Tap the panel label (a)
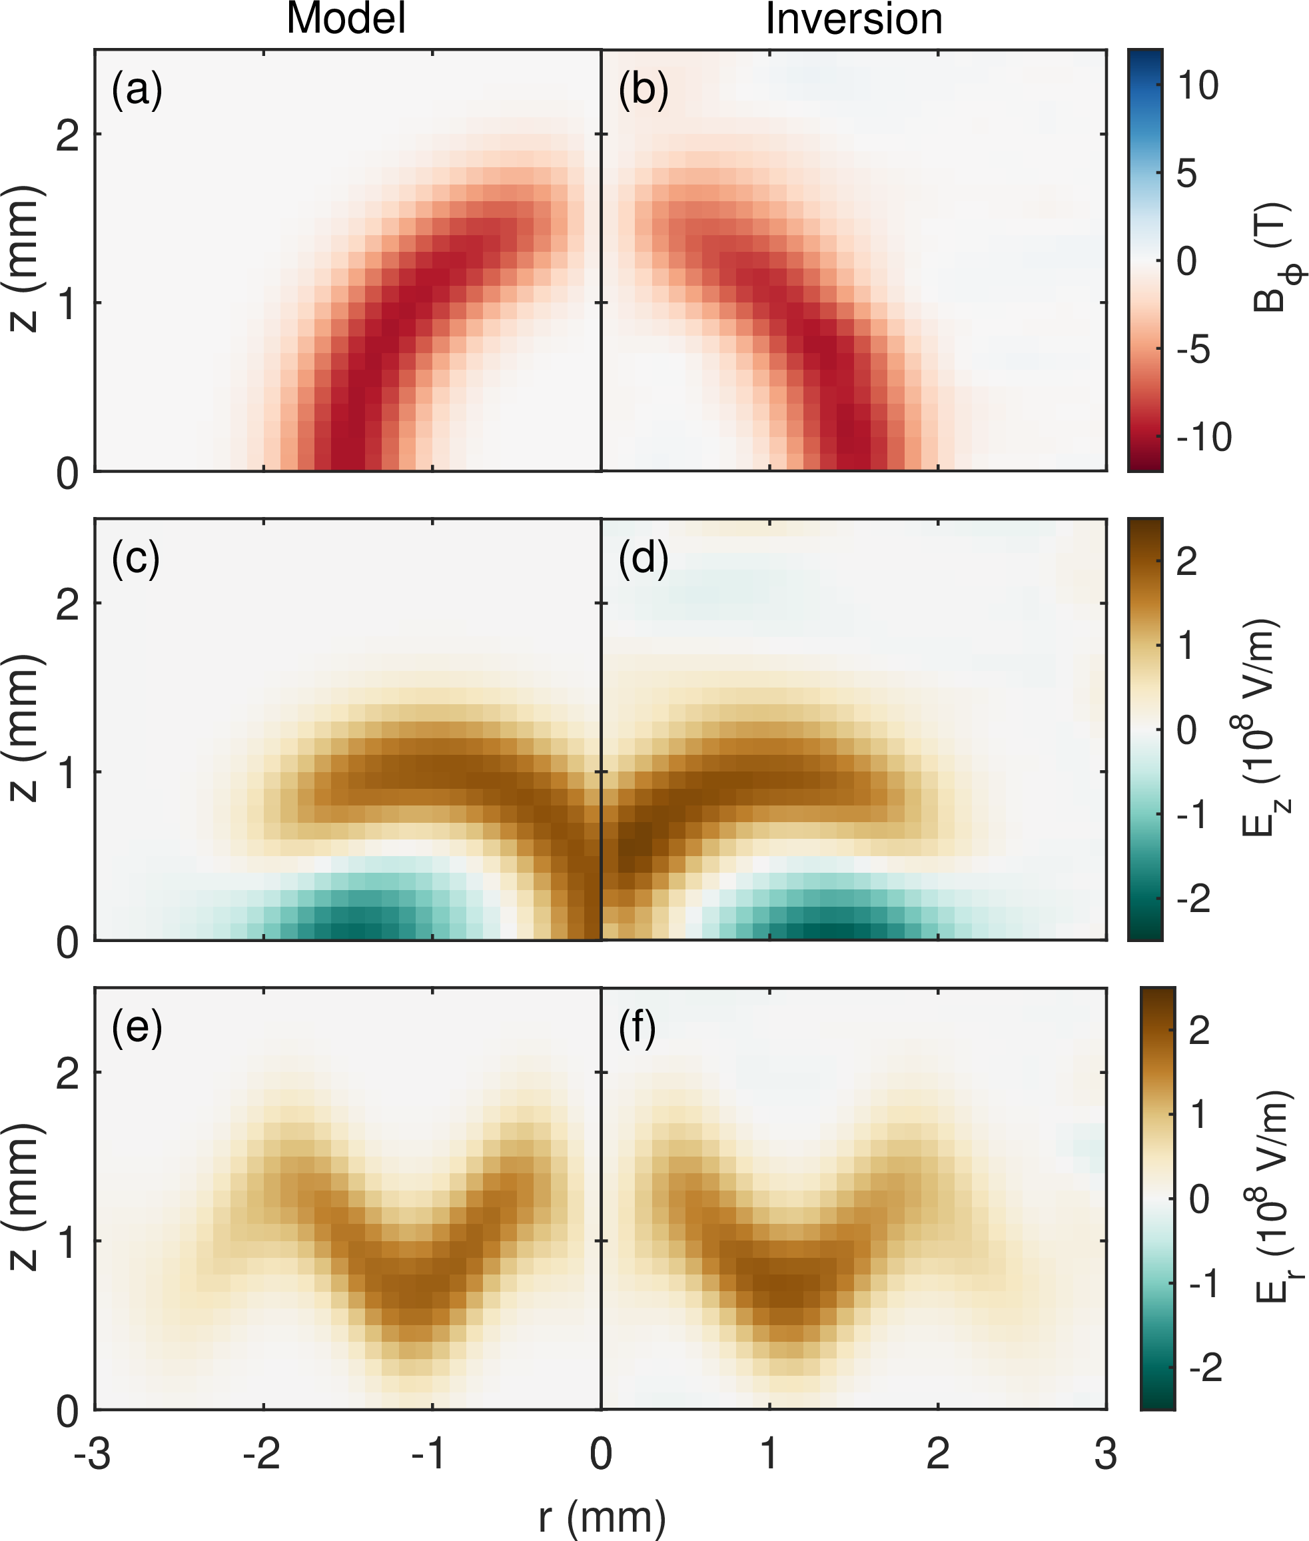(x=137, y=90)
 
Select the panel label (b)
(x=644, y=90)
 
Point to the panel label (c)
(x=136, y=558)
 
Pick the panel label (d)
(x=644, y=558)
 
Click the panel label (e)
(x=137, y=1027)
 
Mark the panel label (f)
(x=638, y=1027)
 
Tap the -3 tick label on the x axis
(x=93, y=1454)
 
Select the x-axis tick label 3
(x=1106, y=1454)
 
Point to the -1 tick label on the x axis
(x=428, y=1454)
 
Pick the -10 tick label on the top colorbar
(x=1204, y=437)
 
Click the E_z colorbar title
(x=1262, y=728)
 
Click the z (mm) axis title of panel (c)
(x=25, y=728)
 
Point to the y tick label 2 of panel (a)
(x=67, y=136)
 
